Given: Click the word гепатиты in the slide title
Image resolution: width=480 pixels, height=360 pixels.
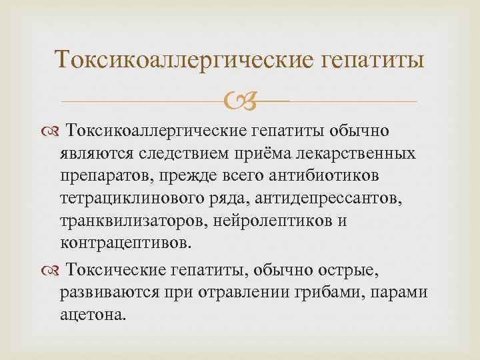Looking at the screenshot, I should [373, 61].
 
